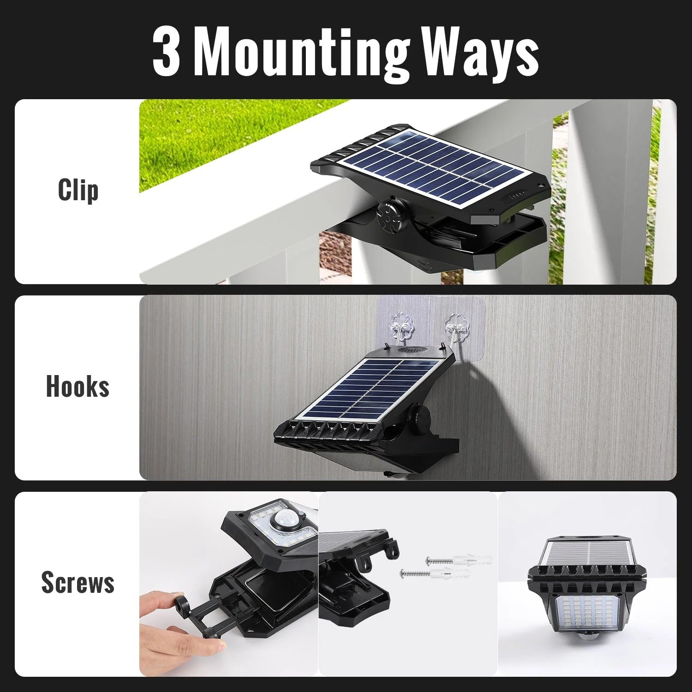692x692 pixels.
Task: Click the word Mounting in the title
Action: [302, 54]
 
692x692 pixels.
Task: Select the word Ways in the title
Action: [480, 54]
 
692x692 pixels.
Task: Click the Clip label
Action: [78, 190]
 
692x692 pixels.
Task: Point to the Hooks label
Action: [78, 386]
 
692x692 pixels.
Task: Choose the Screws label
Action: [78, 582]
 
